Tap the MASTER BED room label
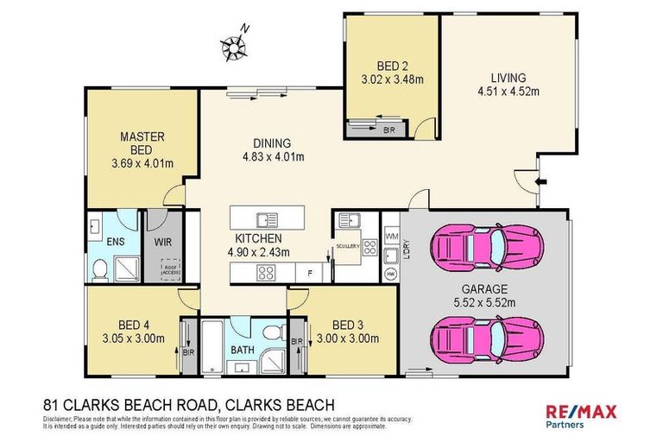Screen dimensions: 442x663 coord(142,142)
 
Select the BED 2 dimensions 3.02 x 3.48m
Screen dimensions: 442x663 coord(394,79)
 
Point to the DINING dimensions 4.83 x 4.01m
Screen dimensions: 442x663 coord(272,157)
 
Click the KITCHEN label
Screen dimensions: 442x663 coord(259,237)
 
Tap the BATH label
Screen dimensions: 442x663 coord(242,351)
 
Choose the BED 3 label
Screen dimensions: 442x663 coord(349,325)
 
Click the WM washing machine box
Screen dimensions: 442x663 coord(391,236)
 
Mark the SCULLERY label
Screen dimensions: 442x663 coord(348,245)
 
